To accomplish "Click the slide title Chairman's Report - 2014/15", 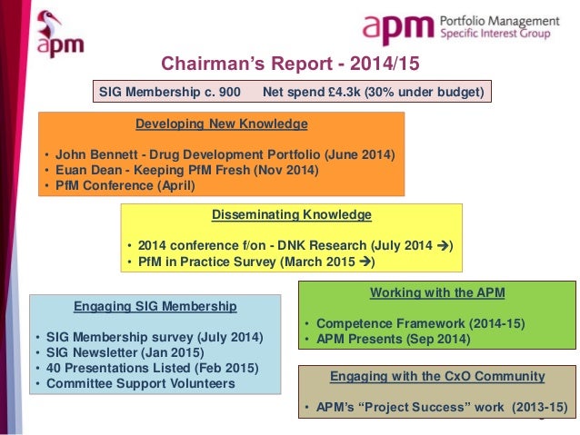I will pos(290,64).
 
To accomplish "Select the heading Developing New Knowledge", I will pos(221,124).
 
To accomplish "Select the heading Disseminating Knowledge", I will pos(291,215).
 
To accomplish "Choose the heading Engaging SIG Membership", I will pos(155,306).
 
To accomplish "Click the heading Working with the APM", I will pos(438,292).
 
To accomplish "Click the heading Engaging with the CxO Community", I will pos(437,375).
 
